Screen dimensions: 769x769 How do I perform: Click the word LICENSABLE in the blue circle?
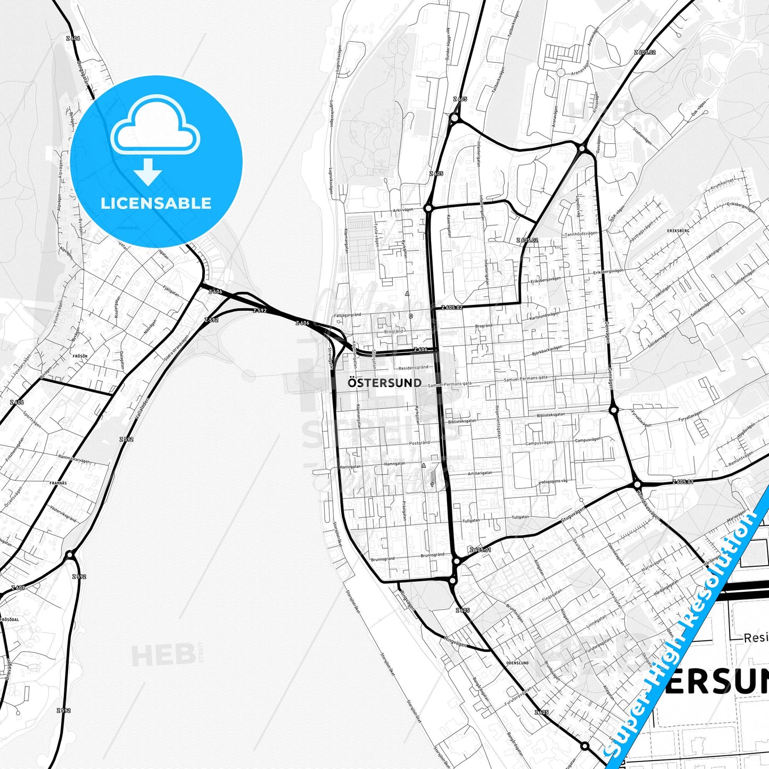(x=156, y=203)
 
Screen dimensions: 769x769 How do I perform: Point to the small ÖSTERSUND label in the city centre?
(x=384, y=383)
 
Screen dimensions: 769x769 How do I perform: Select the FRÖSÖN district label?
(x=80, y=355)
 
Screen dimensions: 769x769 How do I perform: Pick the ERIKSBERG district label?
(x=677, y=231)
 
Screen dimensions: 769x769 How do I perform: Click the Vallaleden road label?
(x=142, y=407)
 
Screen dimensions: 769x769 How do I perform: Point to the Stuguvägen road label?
(x=573, y=515)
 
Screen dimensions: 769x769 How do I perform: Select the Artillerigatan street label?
(x=480, y=473)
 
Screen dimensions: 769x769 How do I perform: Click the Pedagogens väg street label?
(x=553, y=481)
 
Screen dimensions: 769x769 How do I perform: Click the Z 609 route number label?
(x=17, y=588)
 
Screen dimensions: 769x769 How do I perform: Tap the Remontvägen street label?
(x=741, y=459)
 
